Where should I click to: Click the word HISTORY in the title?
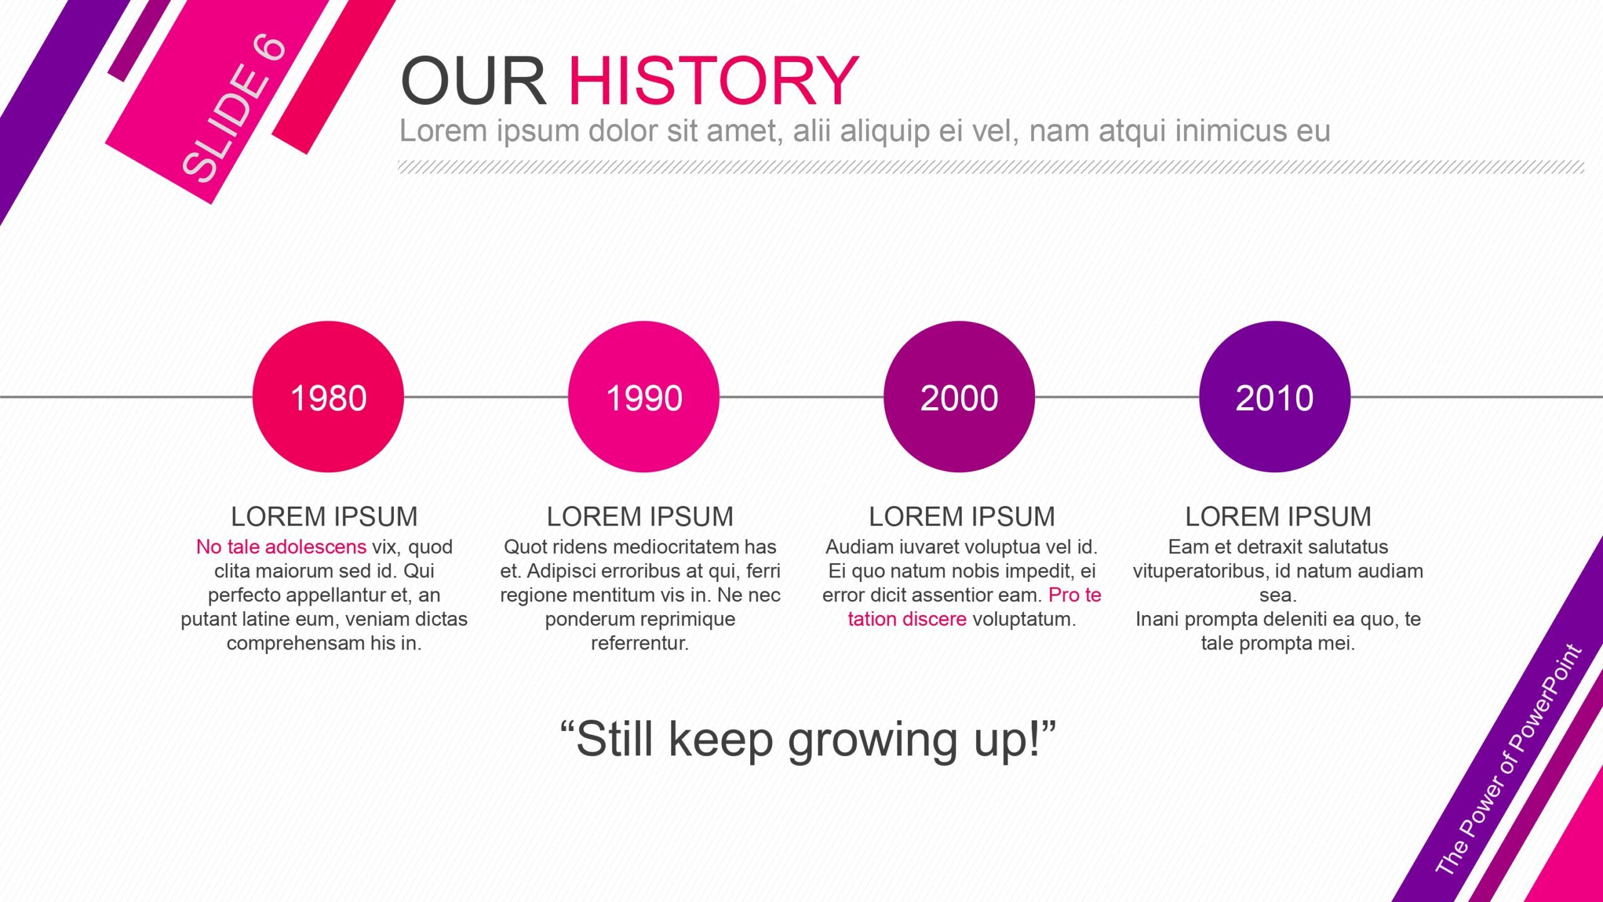[x=714, y=81]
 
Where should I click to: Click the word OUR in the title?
[x=473, y=81]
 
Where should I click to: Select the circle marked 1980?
[x=328, y=397]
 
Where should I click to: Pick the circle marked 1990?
[x=644, y=397]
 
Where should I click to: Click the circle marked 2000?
[x=959, y=397]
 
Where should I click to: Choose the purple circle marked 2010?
[x=1275, y=397]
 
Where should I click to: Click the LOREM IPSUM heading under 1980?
[x=324, y=517]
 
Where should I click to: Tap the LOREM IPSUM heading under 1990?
[x=640, y=517]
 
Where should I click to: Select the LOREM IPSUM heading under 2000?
[x=962, y=517]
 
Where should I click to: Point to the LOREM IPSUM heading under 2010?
[x=1278, y=517]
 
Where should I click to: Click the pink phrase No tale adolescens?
[x=281, y=547]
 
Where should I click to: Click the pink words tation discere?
[x=907, y=619]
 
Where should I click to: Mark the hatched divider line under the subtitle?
[x=991, y=167]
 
